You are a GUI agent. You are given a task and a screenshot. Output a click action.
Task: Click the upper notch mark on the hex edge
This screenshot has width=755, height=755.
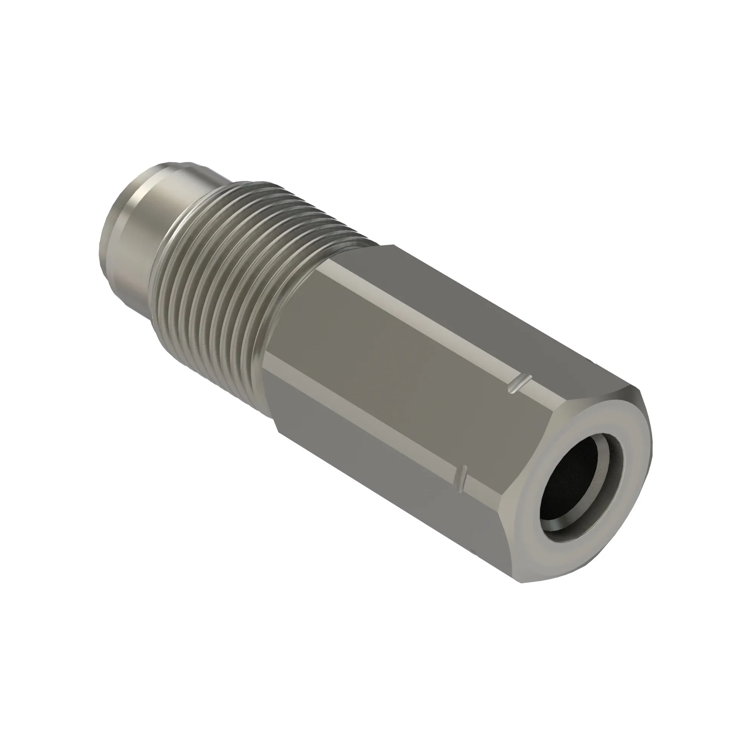pos(520,385)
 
